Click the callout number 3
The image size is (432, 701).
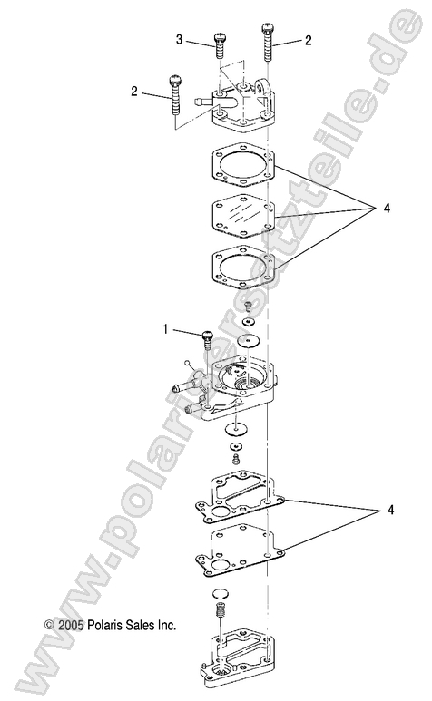pyautogui.click(x=180, y=39)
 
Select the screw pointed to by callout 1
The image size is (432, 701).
pyautogui.click(x=205, y=339)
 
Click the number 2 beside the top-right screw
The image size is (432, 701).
pyautogui.click(x=309, y=41)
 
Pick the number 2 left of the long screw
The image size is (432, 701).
pyautogui.click(x=134, y=91)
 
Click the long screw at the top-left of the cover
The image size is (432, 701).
pyautogui.click(x=174, y=100)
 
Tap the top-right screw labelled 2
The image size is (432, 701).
pyautogui.click(x=268, y=41)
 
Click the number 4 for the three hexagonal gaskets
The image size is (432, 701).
pyautogui.click(x=388, y=209)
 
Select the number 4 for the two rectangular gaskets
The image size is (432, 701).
pyautogui.click(x=391, y=511)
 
